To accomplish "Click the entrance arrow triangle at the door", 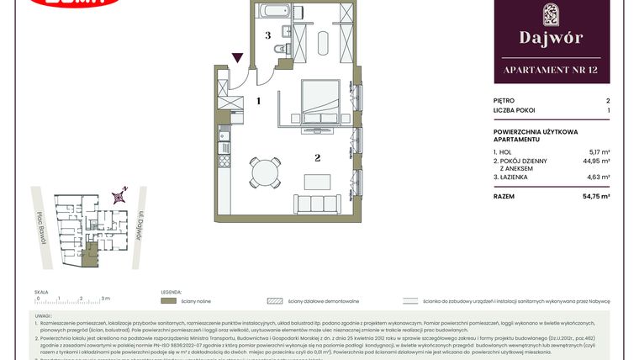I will (239, 58).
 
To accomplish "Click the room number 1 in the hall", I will (259, 101).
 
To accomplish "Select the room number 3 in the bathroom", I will (267, 35).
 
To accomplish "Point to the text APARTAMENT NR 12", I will (551, 69).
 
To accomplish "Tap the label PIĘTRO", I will (505, 100).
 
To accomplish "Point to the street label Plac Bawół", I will (41, 227).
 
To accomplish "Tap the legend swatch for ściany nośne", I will (168, 299).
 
